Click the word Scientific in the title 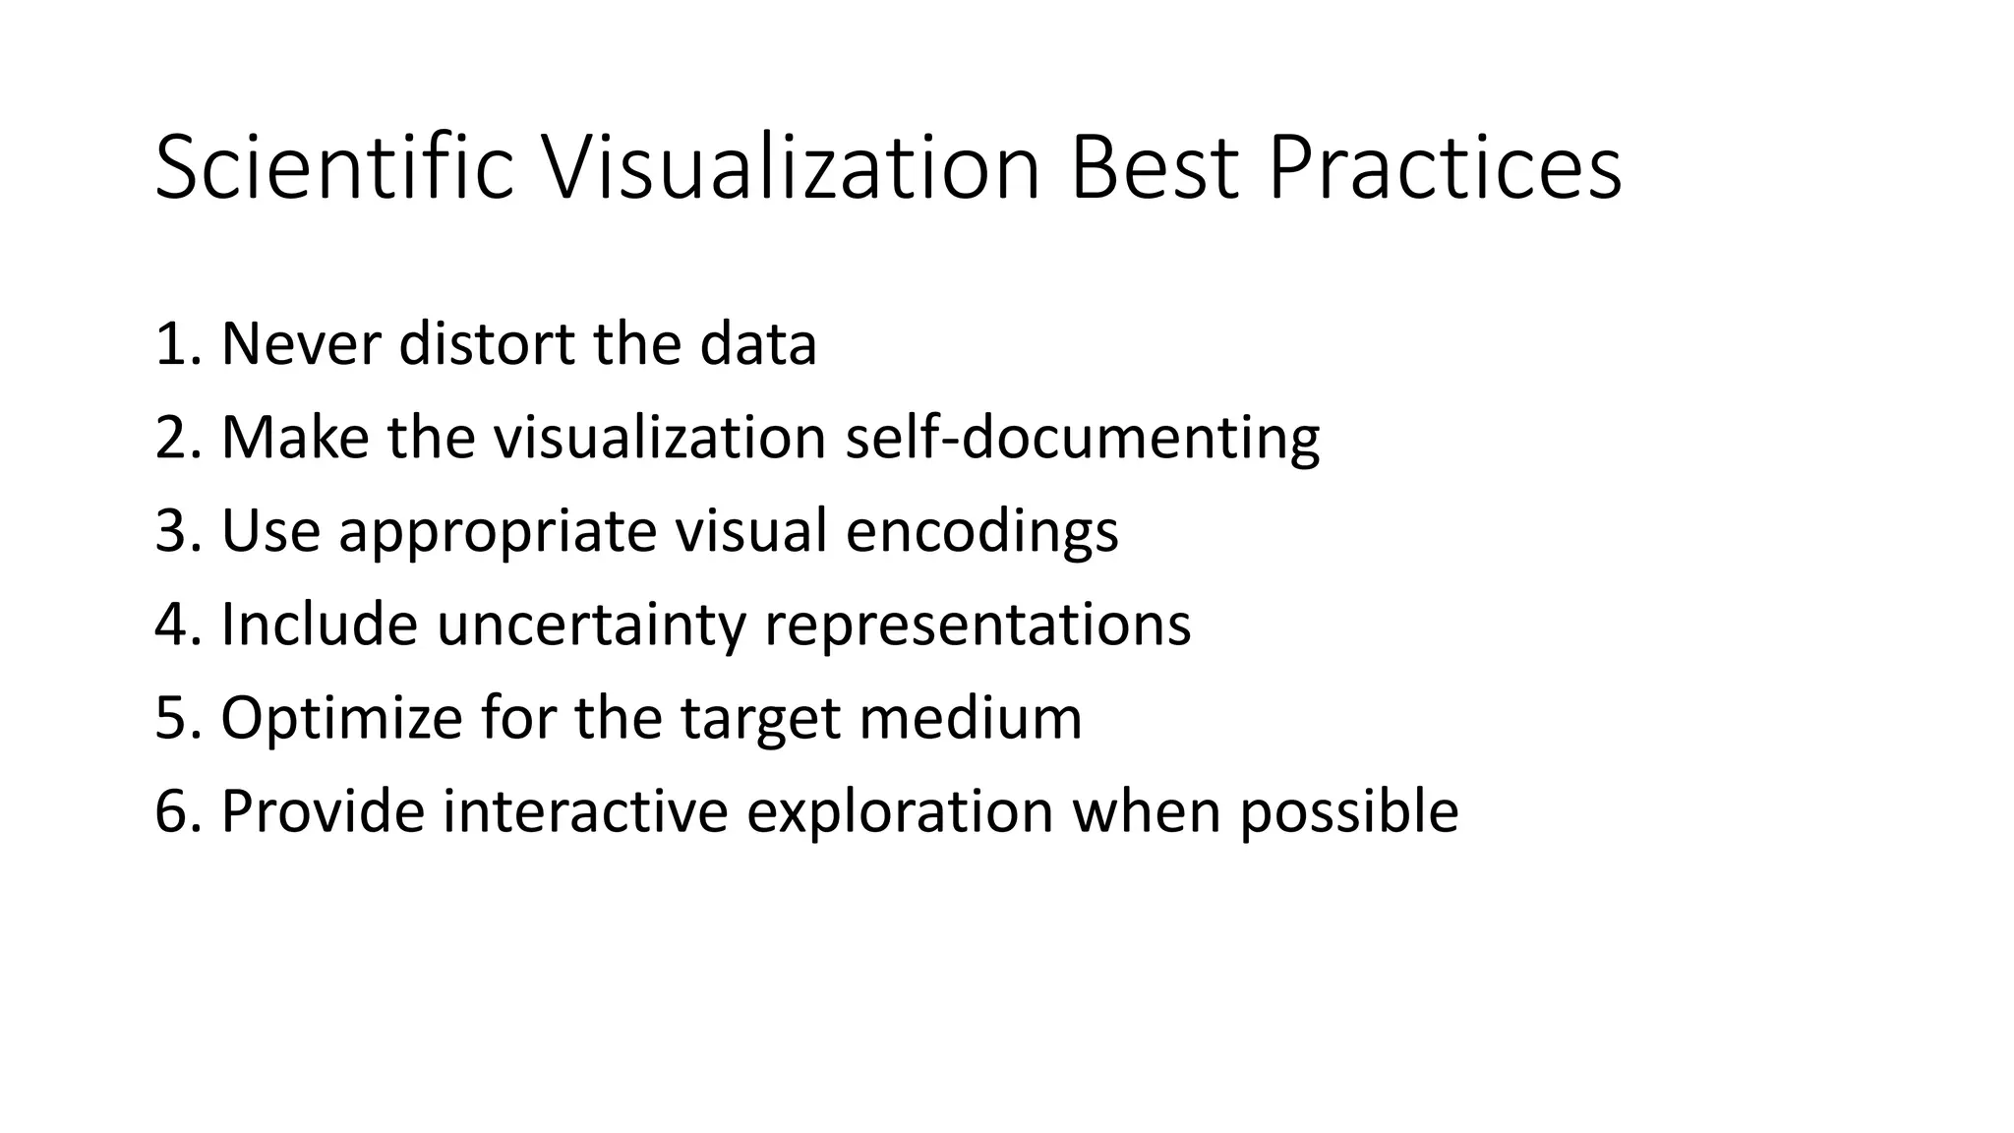coord(334,169)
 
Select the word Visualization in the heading coord(791,169)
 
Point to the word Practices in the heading coord(1444,169)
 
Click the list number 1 coord(175,344)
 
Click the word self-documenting coord(1082,438)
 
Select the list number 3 coord(175,531)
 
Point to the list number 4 coord(175,625)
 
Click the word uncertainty coord(590,626)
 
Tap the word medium coord(970,718)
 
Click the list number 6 coord(175,811)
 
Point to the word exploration coord(899,813)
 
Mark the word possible coord(1348,813)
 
